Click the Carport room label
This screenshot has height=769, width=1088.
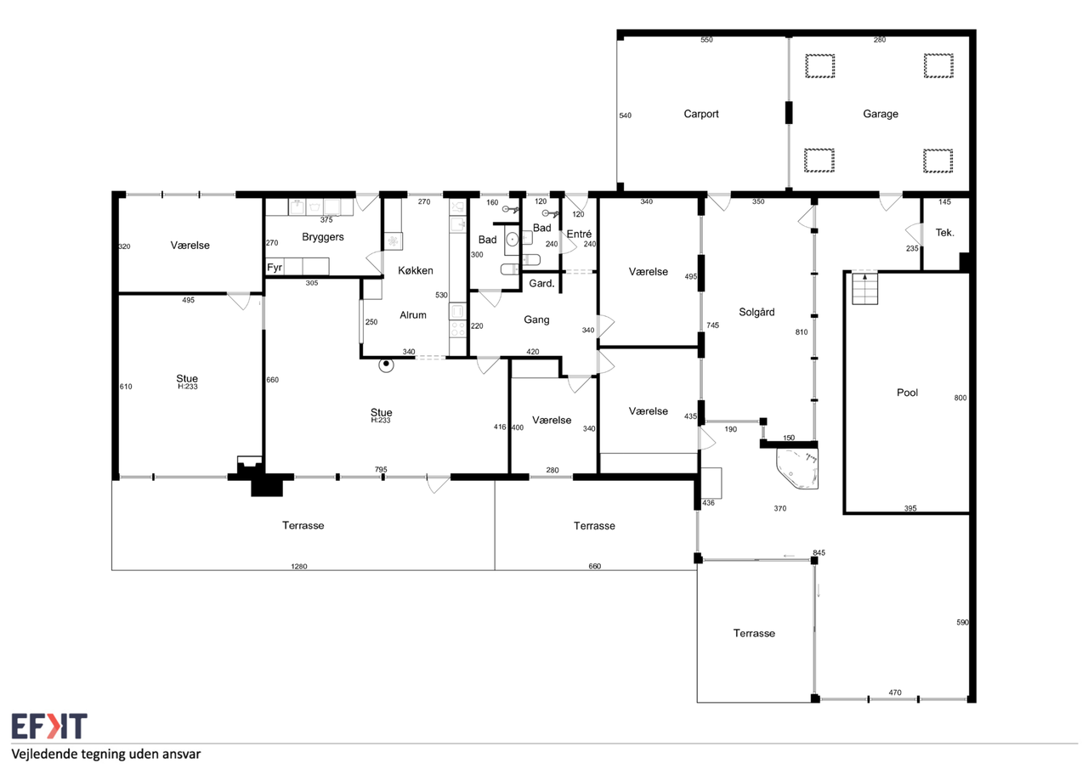[701, 114]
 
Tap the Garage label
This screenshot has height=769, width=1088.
[880, 114]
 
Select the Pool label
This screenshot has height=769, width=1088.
[907, 393]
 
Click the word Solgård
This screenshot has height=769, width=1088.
[756, 312]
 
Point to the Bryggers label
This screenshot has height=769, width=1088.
[322, 237]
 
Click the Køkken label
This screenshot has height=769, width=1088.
[416, 270]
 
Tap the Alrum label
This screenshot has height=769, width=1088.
[413, 315]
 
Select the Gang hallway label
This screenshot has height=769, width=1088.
[536, 320]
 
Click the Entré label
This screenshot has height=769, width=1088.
[579, 234]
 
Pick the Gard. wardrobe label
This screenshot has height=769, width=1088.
[541, 284]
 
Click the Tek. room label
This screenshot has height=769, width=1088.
[944, 233]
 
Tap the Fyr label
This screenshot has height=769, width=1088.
[275, 268]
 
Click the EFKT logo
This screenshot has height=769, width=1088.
[49, 726]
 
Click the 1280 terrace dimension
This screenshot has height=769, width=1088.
[298, 566]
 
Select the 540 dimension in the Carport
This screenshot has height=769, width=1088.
[625, 116]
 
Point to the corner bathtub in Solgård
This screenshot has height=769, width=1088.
[797, 468]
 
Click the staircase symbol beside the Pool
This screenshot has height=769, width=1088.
[864, 288]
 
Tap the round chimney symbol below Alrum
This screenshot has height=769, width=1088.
[386, 365]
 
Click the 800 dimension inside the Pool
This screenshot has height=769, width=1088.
[960, 398]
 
